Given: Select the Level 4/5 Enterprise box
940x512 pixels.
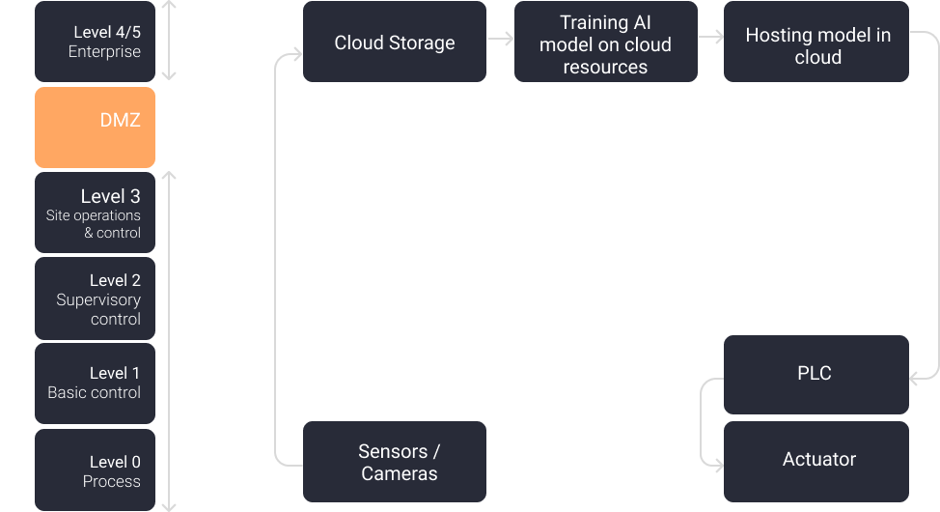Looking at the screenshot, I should point(95,42).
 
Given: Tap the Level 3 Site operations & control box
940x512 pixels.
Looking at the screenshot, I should point(95,213).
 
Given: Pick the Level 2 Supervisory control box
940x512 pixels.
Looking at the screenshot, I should point(95,299).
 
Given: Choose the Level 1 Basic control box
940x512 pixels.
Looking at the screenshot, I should point(95,383).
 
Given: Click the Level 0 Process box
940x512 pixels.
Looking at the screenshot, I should point(95,470).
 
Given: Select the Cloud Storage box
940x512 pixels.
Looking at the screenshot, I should point(394,43).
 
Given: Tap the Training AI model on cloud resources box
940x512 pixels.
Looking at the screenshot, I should point(605,44).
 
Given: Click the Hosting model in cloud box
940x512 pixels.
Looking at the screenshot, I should point(816,45).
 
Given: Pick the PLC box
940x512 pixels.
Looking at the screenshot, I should point(816,374).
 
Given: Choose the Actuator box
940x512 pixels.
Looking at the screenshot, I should point(816,460).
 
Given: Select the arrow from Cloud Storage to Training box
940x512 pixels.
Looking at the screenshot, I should point(500,39).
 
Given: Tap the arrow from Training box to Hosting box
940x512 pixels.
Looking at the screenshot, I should point(710,37).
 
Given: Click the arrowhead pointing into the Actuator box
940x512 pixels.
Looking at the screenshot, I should point(717,466).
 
